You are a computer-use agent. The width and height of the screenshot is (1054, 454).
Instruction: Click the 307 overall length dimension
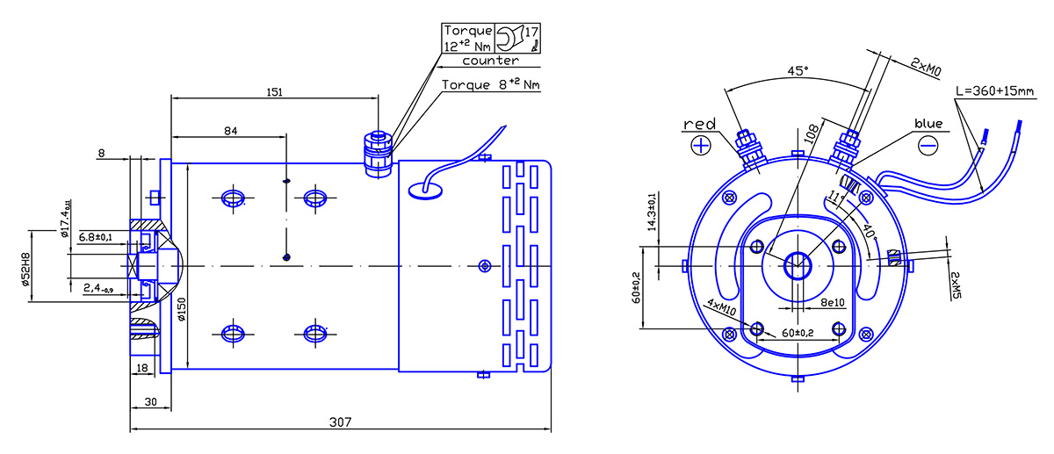(x=340, y=422)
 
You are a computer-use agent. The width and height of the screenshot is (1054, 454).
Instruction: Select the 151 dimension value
(x=275, y=91)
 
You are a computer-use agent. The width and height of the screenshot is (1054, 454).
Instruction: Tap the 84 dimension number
(x=230, y=131)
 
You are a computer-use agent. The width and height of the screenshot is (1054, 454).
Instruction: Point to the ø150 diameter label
(x=182, y=309)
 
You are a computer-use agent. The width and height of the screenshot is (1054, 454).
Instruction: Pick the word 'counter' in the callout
(x=490, y=61)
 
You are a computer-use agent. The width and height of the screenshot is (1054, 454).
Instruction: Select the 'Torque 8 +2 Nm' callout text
(x=491, y=84)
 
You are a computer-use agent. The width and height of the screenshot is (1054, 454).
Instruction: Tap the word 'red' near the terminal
(x=699, y=124)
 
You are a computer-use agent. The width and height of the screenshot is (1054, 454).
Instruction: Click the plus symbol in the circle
(x=701, y=146)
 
